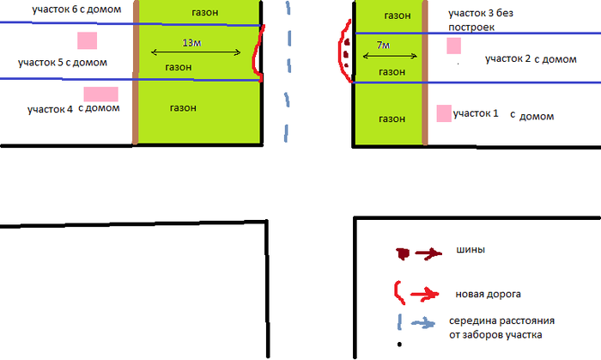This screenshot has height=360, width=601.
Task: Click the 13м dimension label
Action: tap(191, 43)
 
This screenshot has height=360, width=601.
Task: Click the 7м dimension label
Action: tap(383, 46)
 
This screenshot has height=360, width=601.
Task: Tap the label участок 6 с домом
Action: tap(76, 9)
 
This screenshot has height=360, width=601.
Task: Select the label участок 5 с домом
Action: tap(63, 63)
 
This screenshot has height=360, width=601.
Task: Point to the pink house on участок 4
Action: tap(100, 95)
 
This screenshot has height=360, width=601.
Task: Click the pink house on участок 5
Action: tap(88, 40)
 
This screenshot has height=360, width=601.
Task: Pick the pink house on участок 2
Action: tap(454, 46)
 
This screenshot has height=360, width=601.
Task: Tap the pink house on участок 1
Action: tap(444, 113)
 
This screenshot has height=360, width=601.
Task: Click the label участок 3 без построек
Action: tap(481, 20)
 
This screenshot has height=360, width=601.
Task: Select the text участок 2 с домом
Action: tap(531, 59)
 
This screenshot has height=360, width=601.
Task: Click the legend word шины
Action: tap(470, 249)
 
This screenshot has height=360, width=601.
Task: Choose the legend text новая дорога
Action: tap(488, 294)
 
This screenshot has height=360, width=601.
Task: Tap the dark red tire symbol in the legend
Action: tap(403, 253)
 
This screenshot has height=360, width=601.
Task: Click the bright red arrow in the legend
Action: tap(425, 295)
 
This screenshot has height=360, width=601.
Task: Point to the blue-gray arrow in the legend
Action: tap(423, 323)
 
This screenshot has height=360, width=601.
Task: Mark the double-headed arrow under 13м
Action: tap(196, 52)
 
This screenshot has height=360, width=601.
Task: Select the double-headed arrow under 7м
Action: tap(390, 57)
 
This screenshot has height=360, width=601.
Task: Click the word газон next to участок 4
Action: tap(183, 108)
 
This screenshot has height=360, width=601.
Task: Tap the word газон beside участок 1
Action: tap(392, 119)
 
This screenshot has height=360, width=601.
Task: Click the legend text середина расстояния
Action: tap(501, 320)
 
